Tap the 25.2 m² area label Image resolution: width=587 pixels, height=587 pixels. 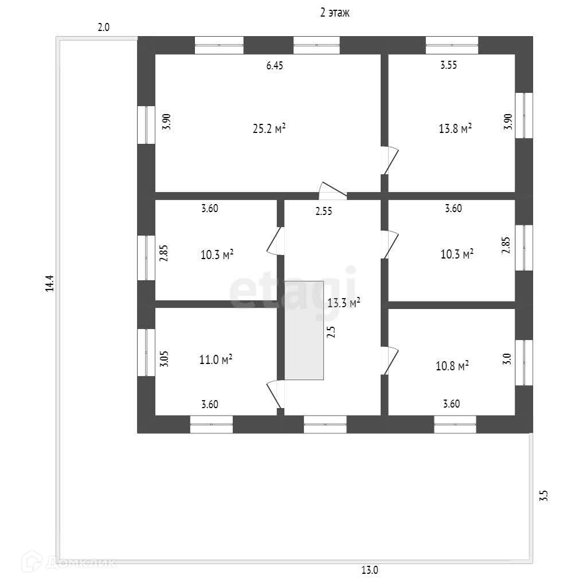click(269, 128)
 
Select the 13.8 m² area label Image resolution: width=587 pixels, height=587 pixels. click(455, 128)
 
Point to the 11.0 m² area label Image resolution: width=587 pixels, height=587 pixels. click(216, 360)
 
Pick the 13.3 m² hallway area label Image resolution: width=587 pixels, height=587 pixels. click(343, 302)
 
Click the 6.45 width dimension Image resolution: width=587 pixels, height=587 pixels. click(275, 65)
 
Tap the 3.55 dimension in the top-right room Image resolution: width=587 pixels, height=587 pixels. click(448, 65)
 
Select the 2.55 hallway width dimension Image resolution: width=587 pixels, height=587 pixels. click(324, 211)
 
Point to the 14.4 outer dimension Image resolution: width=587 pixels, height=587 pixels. click(50, 284)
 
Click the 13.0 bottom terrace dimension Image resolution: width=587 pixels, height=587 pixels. click(369, 570)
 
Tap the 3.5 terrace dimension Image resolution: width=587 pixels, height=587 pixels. click(544, 495)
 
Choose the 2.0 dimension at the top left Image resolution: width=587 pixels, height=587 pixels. click(104, 27)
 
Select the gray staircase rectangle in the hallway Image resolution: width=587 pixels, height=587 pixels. click(304, 330)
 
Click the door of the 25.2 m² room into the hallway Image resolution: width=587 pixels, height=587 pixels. click(332, 191)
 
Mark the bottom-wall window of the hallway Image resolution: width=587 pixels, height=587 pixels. click(325, 424)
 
